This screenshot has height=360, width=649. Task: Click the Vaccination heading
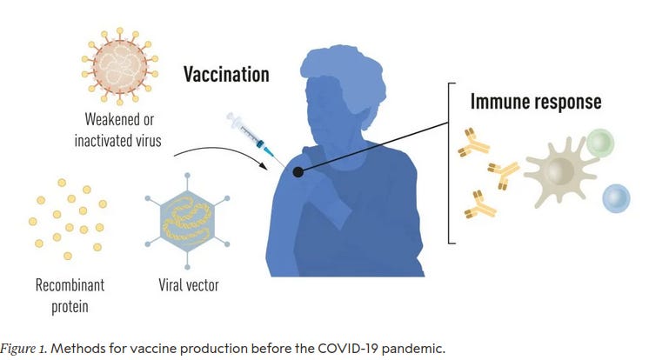[225, 74]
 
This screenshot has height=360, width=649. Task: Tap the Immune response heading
[535, 102]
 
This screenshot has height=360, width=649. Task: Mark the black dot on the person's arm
[298, 172]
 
